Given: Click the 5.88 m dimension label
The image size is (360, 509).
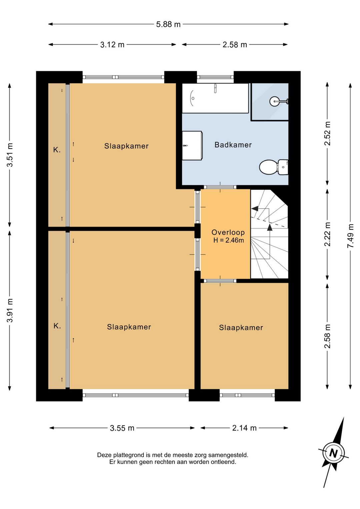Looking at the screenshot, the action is click(168, 24).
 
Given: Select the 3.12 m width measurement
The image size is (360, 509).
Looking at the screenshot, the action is click(112, 45).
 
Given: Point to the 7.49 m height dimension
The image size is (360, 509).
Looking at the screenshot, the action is click(351, 236).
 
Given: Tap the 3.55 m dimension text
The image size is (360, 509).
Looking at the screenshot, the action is click(122, 428).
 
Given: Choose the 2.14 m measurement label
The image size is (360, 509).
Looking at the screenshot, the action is click(244, 428).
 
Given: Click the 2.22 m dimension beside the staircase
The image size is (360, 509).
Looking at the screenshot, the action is click(327, 234).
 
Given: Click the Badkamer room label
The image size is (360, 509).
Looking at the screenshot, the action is click(233, 145).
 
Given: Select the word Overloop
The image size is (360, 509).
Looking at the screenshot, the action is click(228, 232).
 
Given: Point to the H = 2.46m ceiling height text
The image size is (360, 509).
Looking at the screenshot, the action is click(228, 240).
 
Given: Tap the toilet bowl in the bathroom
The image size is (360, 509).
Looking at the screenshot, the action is click(268, 167).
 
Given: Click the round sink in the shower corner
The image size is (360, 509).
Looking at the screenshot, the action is click(275, 101).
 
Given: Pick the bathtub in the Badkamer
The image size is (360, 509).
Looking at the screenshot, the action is click(215, 98).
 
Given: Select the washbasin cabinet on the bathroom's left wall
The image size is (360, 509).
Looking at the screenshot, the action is click(192, 145).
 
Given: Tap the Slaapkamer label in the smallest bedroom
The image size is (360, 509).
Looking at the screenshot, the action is click(241, 328).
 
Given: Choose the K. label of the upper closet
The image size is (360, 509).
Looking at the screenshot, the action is click(57, 150).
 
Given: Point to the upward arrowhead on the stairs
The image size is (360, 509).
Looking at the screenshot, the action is click(270, 227).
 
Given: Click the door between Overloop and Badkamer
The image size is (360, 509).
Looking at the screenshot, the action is click(220, 187).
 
